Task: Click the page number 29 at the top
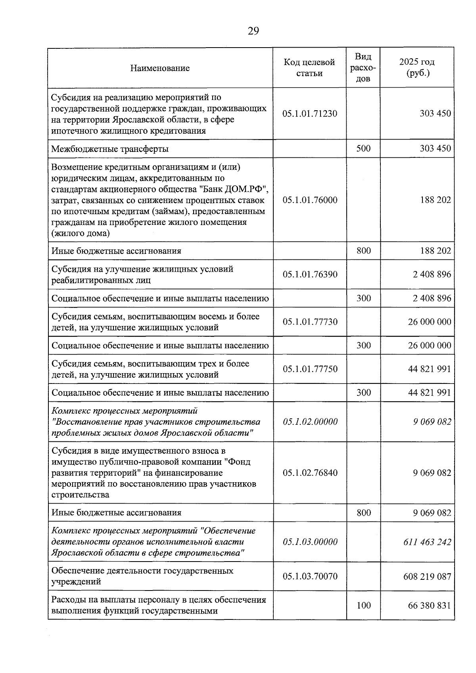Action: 253,31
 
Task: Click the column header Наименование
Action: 160,68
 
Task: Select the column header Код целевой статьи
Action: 309,68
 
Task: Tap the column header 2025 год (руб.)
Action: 417,68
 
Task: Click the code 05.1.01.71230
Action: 310,114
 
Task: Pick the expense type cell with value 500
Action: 363,149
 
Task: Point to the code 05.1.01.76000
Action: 310,200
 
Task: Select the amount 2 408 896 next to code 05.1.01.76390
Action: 432,274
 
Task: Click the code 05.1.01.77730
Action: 310,322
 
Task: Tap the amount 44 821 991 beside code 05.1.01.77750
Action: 429,369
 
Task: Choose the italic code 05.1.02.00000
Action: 310,422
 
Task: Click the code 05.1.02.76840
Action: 310,473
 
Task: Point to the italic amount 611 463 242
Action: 427,542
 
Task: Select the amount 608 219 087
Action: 427,576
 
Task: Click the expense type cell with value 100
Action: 363,605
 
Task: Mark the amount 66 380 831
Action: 429,606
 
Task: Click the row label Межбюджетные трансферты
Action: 110,149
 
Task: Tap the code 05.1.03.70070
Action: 310,576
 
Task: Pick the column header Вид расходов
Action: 363,68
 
